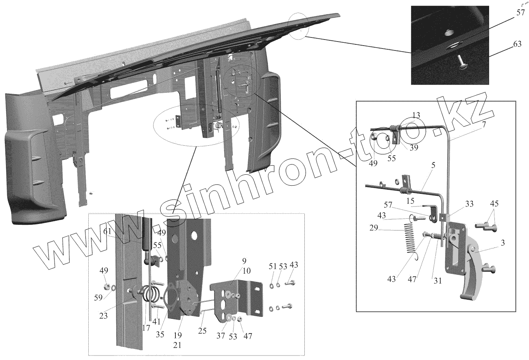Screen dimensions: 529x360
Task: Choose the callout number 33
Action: click(x=470, y=204)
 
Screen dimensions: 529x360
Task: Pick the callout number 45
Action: click(x=494, y=203)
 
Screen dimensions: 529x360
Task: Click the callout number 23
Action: click(x=104, y=316)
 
